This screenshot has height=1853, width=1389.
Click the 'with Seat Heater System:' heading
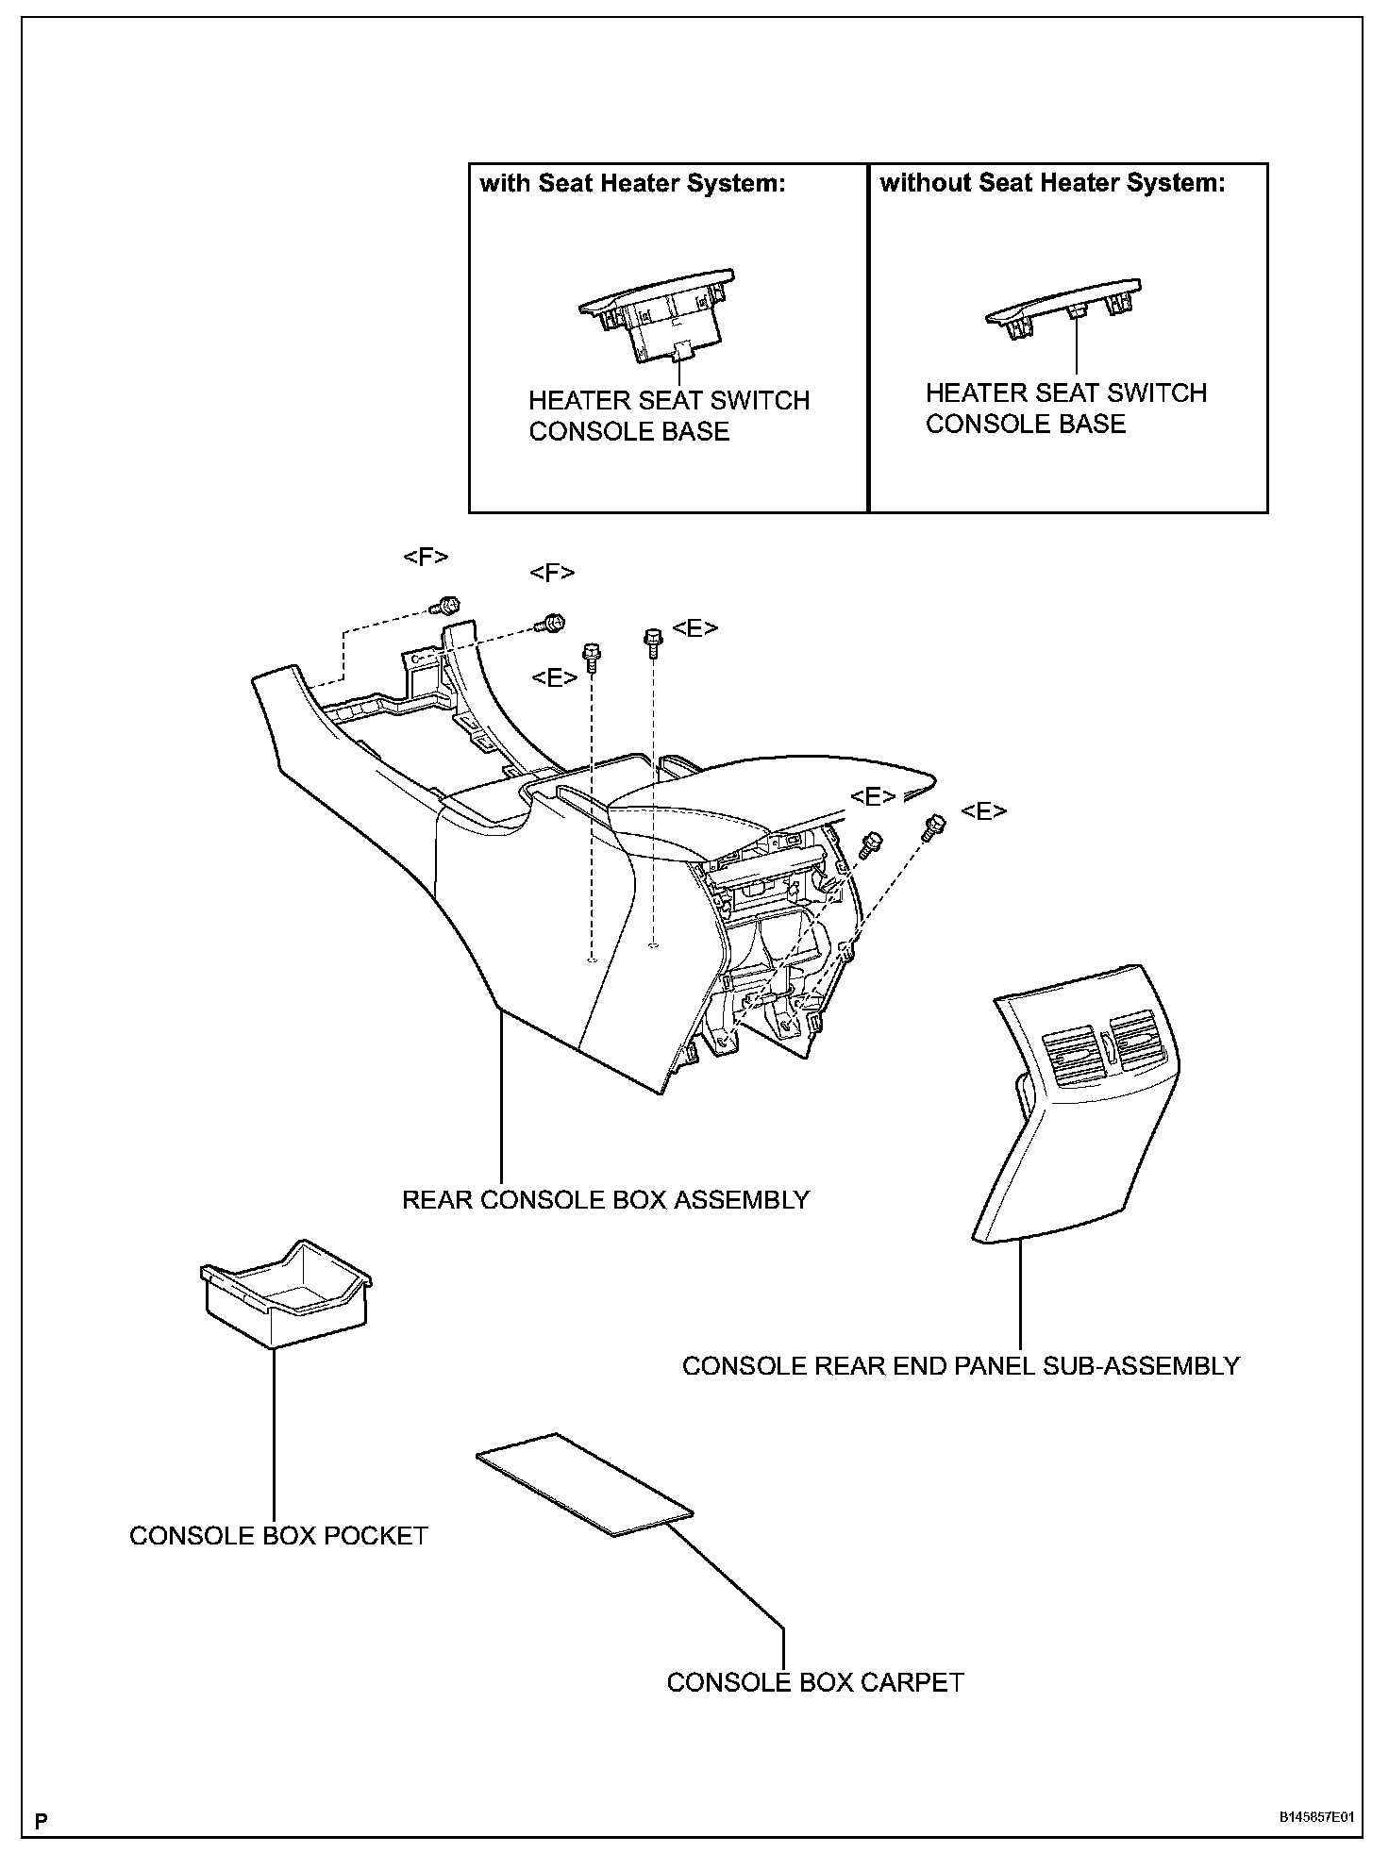632,183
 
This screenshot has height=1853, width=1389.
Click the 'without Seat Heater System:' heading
1052,183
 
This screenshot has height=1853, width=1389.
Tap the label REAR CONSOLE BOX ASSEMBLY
606,1200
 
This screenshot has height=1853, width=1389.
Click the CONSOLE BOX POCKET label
278,1536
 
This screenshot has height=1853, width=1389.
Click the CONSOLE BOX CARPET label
815,1682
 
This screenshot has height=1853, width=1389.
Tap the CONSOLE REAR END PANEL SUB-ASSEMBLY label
961,1366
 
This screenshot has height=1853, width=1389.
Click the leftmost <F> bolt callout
426,557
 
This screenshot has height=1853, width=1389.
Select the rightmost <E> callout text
983,811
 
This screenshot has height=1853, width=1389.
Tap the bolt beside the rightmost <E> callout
934,826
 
